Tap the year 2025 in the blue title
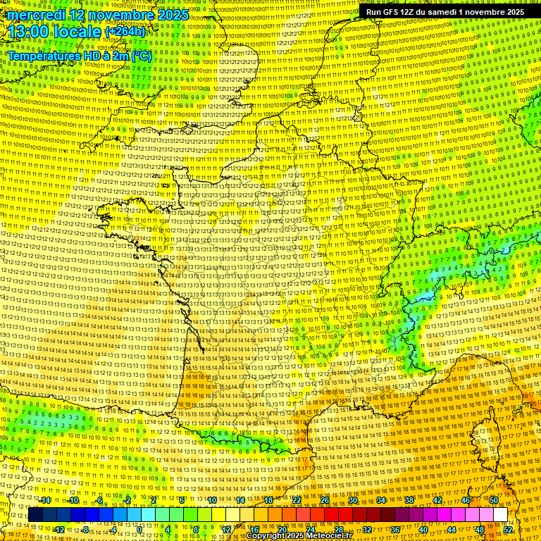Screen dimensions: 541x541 [x=171, y=15]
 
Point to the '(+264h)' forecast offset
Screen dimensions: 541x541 [x=125, y=32]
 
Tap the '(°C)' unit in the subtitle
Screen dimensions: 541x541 [x=142, y=55]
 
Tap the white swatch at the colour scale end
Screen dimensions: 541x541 [x=501, y=515]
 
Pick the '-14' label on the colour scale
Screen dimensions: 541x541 [x=45, y=500]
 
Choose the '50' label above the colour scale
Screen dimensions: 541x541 [x=494, y=500]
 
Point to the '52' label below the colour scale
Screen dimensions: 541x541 [x=508, y=530]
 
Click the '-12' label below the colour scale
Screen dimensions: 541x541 [x=59, y=530]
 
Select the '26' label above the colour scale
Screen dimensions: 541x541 [x=325, y=500]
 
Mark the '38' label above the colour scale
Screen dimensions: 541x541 [x=409, y=500]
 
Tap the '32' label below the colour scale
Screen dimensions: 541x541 [x=367, y=530]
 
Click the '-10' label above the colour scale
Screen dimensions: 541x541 [x=73, y=500]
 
